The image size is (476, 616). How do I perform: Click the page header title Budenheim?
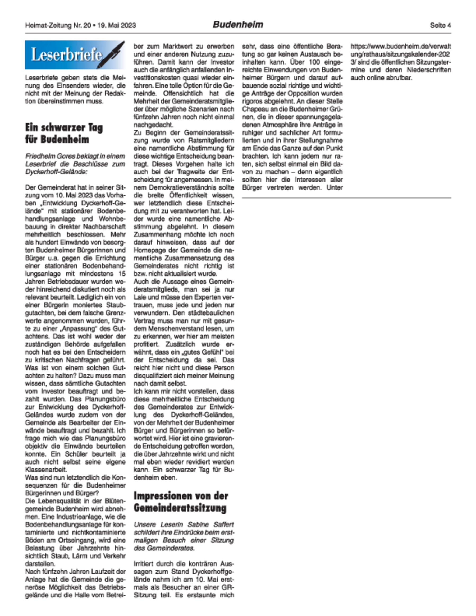(238, 25)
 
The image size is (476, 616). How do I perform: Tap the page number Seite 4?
(440, 25)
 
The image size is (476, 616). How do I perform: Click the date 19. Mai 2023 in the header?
(117, 26)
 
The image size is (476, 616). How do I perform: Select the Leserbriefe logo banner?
(75, 55)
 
